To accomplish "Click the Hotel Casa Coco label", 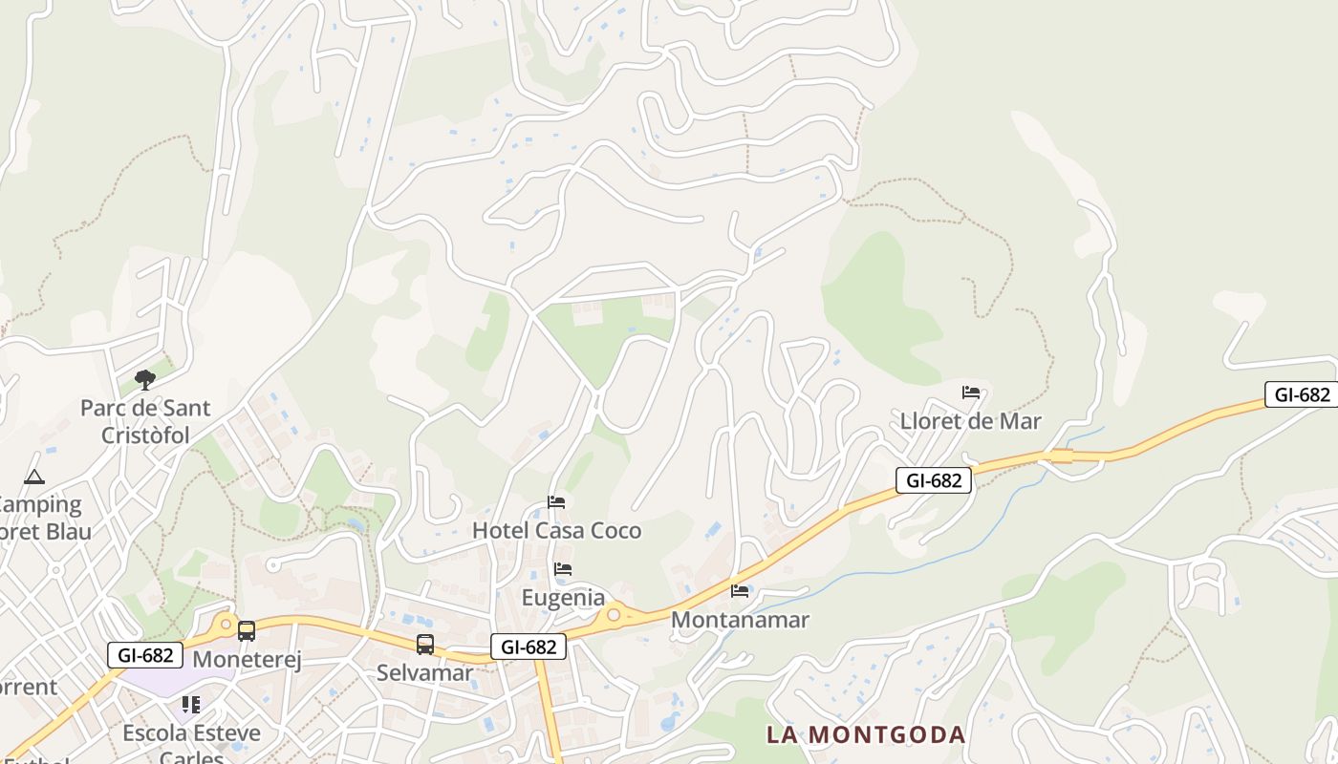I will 557,530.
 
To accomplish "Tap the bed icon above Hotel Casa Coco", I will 556,502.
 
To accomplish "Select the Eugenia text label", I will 563,598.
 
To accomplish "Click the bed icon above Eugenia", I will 563,569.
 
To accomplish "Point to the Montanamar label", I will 740,620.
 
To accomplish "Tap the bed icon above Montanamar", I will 740,591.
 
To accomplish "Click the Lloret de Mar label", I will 970,421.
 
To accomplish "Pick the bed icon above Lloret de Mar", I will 971,393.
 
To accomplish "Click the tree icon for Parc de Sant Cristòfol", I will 144,380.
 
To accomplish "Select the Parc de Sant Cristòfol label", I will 144,421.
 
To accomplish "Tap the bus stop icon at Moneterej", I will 247,630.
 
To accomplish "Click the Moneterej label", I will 247,660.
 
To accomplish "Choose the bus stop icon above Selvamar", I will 425,645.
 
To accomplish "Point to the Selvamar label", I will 424,672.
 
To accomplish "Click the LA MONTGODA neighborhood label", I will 866,734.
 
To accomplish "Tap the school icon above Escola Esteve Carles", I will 191,705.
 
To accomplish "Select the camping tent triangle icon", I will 34,477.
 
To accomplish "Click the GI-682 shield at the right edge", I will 1301,394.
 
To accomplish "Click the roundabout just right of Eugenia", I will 614,615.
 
